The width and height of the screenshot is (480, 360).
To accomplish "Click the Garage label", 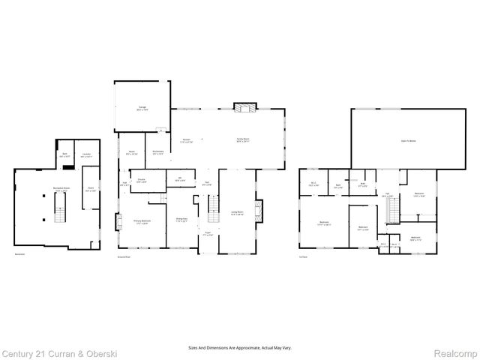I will (142, 108).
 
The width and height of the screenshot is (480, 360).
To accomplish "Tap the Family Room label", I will (243, 140).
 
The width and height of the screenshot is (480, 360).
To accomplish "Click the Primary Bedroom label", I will (142, 221).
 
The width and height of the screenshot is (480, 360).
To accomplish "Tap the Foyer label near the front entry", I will (209, 235).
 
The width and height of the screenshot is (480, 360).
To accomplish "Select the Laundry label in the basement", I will (88, 155).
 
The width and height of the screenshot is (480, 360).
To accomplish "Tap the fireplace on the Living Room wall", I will (259, 209).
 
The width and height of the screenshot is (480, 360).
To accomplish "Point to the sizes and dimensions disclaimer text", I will (239, 348).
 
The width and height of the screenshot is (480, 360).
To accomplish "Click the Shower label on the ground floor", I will (141, 180).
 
